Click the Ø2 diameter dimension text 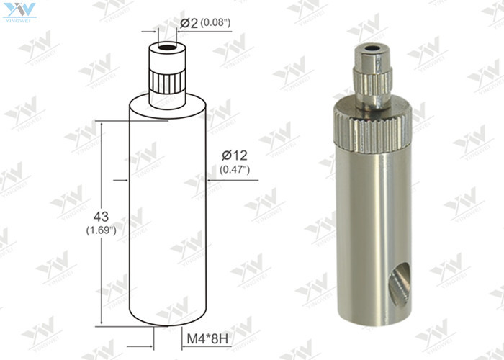[x=189, y=23]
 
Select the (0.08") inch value [x=215, y=23]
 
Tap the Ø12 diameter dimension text [x=235, y=155]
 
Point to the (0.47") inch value [x=235, y=170]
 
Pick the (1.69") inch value [x=102, y=230]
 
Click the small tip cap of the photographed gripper [x=373, y=60]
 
